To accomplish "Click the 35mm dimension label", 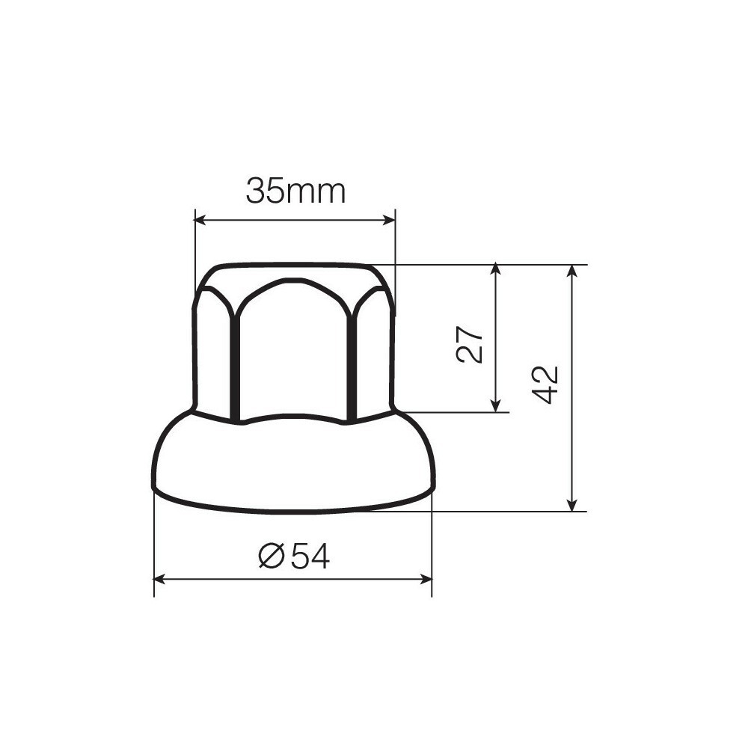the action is (295, 191).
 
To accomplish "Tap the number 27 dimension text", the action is (470, 344).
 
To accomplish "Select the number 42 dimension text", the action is (545, 384).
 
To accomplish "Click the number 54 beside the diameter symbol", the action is (310, 556).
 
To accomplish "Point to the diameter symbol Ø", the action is (272, 556).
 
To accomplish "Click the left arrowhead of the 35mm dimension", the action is (200, 219).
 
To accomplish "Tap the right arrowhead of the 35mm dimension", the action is (390, 219).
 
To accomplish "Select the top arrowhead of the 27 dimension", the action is (496, 269).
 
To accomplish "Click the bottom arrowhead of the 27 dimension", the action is (496, 405).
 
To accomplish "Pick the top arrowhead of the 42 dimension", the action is (572, 271).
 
